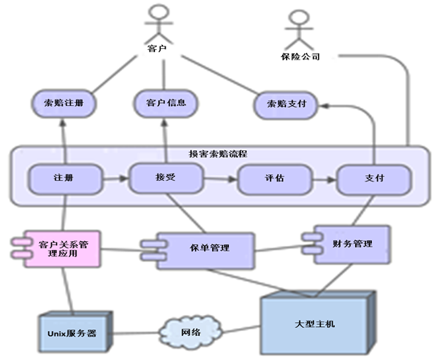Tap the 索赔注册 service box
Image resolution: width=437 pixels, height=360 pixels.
click(x=63, y=104)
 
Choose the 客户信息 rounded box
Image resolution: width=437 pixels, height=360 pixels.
click(x=165, y=103)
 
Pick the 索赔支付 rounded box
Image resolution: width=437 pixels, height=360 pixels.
click(x=286, y=105)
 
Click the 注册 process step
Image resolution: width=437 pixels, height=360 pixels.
click(x=65, y=178)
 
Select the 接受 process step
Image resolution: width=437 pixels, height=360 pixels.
click(x=165, y=178)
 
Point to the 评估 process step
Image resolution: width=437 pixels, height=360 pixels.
click(x=275, y=179)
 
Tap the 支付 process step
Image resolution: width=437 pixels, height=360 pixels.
click(x=374, y=179)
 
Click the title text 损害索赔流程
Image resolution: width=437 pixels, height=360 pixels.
click(x=218, y=153)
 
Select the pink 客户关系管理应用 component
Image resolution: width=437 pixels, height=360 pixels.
click(x=56, y=249)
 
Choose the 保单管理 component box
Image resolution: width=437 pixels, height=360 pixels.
click(x=198, y=251)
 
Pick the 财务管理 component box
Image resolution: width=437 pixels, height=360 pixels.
click(x=346, y=244)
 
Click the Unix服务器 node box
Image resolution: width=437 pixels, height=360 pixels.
click(x=75, y=333)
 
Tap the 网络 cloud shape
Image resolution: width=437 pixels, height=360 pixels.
click(x=191, y=332)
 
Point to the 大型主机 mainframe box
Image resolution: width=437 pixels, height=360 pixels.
click(x=318, y=323)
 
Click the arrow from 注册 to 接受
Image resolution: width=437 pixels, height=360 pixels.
click(x=116, y=178)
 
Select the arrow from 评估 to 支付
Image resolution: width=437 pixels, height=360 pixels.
click(x=324, y=180)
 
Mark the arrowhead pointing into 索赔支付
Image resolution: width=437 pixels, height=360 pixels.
click(x=324, y=106)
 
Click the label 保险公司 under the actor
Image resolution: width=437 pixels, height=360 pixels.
click(x=300, y=56)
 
